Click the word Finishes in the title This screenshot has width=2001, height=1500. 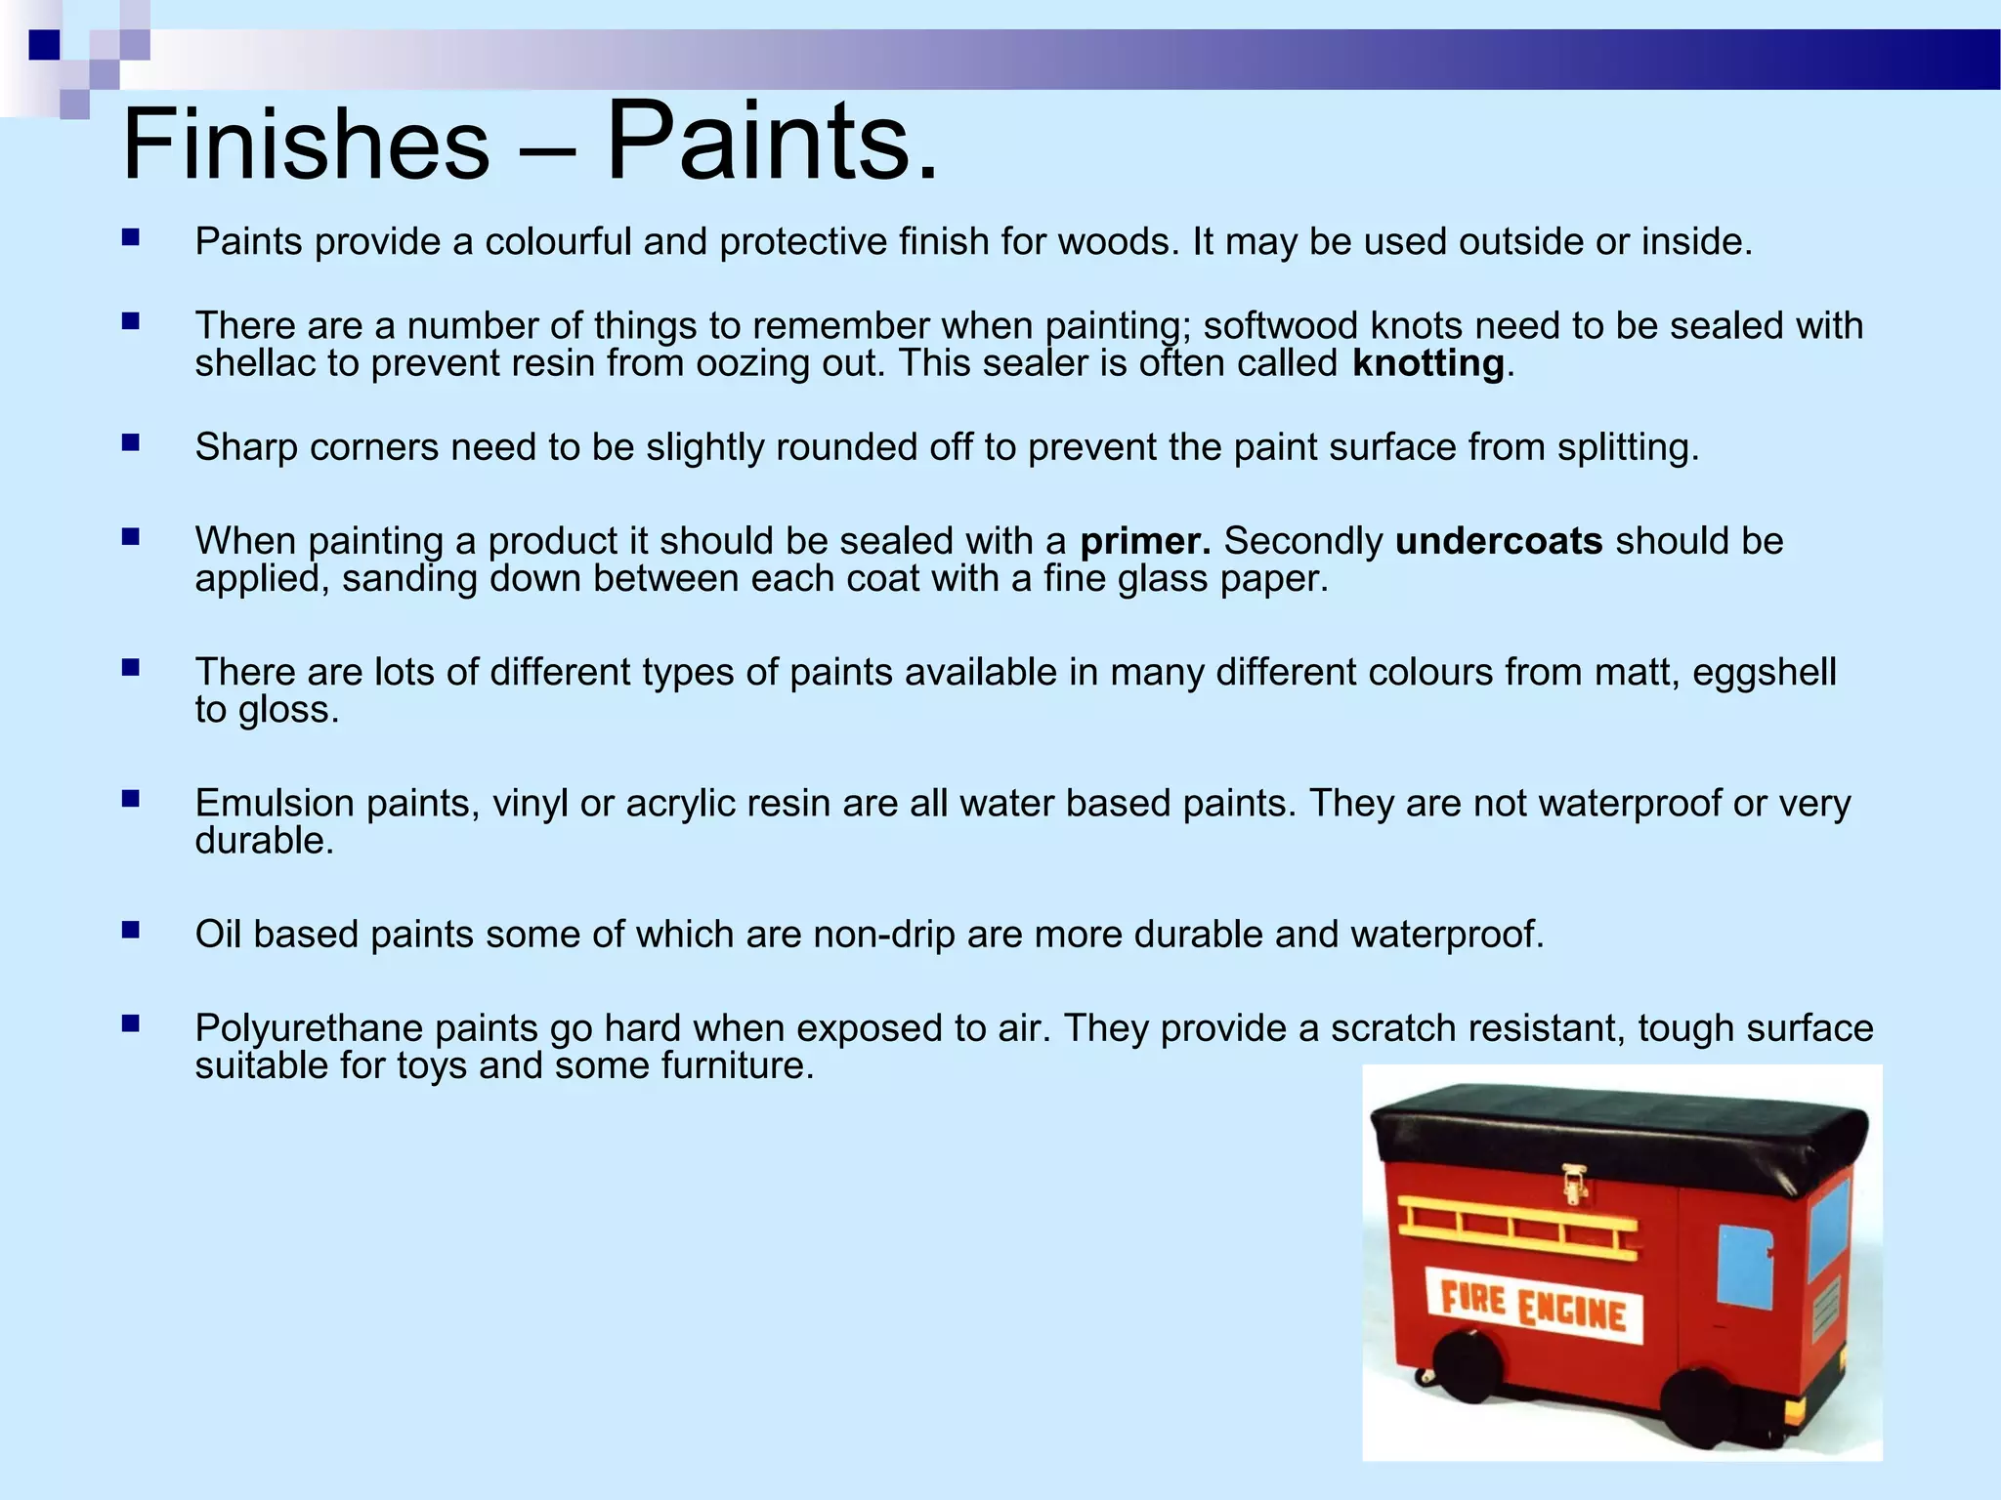click(x=305, y=145)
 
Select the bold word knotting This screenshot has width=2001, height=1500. click(x=1427, y=363)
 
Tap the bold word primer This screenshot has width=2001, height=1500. click(x=1144, y=541)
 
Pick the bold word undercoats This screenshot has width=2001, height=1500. click(x=1498, y=541)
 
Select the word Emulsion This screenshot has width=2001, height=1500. click(x=275, y=803)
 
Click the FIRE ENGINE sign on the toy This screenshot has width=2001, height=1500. click(x=1532, y=1305)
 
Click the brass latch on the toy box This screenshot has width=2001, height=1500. click(x=1573, y=1184)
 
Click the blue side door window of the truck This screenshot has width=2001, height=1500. click(x=1744, y=1266)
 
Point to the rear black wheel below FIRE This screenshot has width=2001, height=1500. click(x=1468, y=1369)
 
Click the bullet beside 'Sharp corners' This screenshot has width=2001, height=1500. click(x=131, y=443)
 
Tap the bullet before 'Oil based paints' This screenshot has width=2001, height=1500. click(x=131, y=931)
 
